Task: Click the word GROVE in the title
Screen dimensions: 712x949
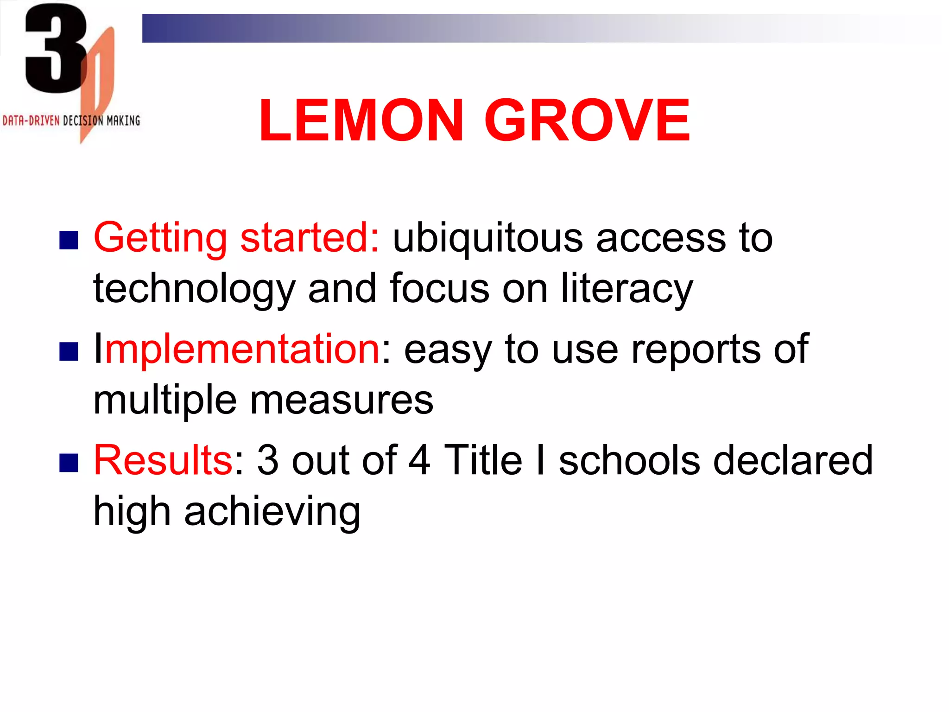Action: pyautogui.click(x=588, y=121)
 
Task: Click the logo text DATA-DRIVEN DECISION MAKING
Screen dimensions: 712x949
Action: pyautogui.click(x=71, y=121)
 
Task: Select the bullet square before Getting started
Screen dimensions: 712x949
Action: pyautogui.click(x=69, y=240)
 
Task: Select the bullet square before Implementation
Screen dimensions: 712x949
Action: pyautogui.click(x=69, y=351)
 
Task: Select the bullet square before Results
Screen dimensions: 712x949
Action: pyautogui.click(x=69, y=463)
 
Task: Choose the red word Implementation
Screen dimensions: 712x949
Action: pyautogui.click(x=237, y=350)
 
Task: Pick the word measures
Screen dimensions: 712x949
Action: pyautogui.click(x=342, y=400)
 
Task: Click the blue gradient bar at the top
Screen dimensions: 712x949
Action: pyautogui.click(x=417, y=28)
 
